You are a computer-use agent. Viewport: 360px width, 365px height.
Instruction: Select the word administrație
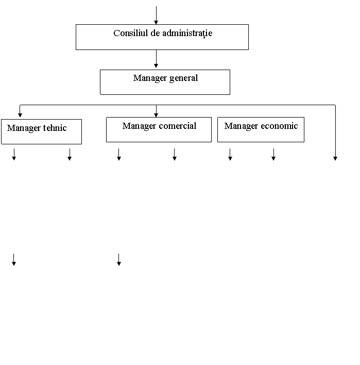tap(187, 34)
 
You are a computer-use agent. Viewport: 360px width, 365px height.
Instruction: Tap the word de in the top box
tap(155, 33)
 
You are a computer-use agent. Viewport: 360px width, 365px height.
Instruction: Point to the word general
tap(183, 78)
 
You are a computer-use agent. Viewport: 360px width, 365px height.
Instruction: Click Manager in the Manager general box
tap(150, 78)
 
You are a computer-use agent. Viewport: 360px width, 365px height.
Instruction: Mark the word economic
tap(279, 126)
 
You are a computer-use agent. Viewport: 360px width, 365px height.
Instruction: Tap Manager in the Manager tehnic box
tap(24, 128)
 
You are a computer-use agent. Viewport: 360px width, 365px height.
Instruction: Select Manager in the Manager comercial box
tap(139, 126)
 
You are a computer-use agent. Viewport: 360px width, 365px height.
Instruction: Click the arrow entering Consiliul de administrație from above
tap(156, 15)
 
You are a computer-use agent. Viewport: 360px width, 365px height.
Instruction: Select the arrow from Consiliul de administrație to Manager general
tap(156, 59)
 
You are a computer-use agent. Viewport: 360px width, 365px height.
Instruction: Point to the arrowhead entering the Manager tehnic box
tap(20, 115)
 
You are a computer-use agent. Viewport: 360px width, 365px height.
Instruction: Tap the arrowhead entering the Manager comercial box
tap(156, 115)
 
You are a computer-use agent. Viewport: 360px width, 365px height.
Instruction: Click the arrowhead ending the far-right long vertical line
tap(335, 158)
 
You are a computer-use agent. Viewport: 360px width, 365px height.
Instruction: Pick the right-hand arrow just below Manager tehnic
tap(70, 155)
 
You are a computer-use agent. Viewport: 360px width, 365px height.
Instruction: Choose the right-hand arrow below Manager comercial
tap(175, 155)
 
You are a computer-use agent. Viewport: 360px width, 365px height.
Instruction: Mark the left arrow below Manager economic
tap(230, 155)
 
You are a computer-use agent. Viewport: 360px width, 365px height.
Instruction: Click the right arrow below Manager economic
tap(273, 155)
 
